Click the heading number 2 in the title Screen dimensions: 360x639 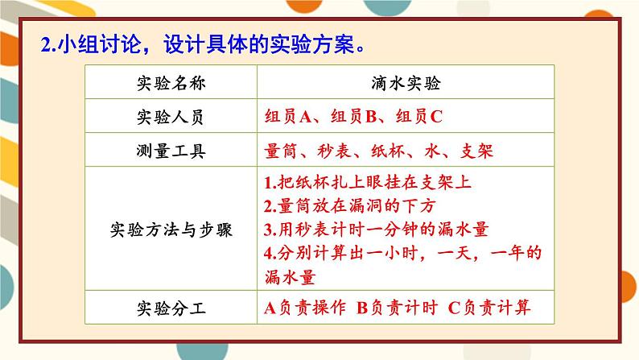[45, 45]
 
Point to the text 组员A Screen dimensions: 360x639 [288, 116]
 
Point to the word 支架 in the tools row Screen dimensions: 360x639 [474, 151]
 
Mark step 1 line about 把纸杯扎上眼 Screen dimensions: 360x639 [368, 182]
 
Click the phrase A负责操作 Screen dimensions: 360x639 [305, 307]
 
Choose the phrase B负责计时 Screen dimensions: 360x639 [397, 307]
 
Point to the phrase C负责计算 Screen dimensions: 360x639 [489, 307]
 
